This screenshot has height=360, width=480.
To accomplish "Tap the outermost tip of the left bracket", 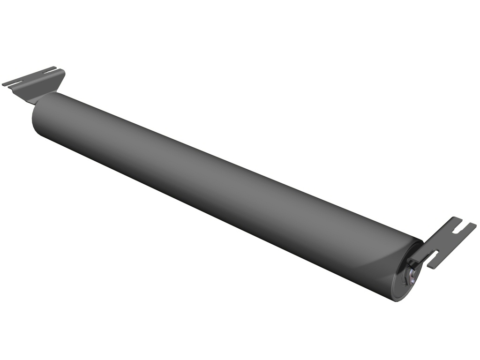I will [x=4, y=84].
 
